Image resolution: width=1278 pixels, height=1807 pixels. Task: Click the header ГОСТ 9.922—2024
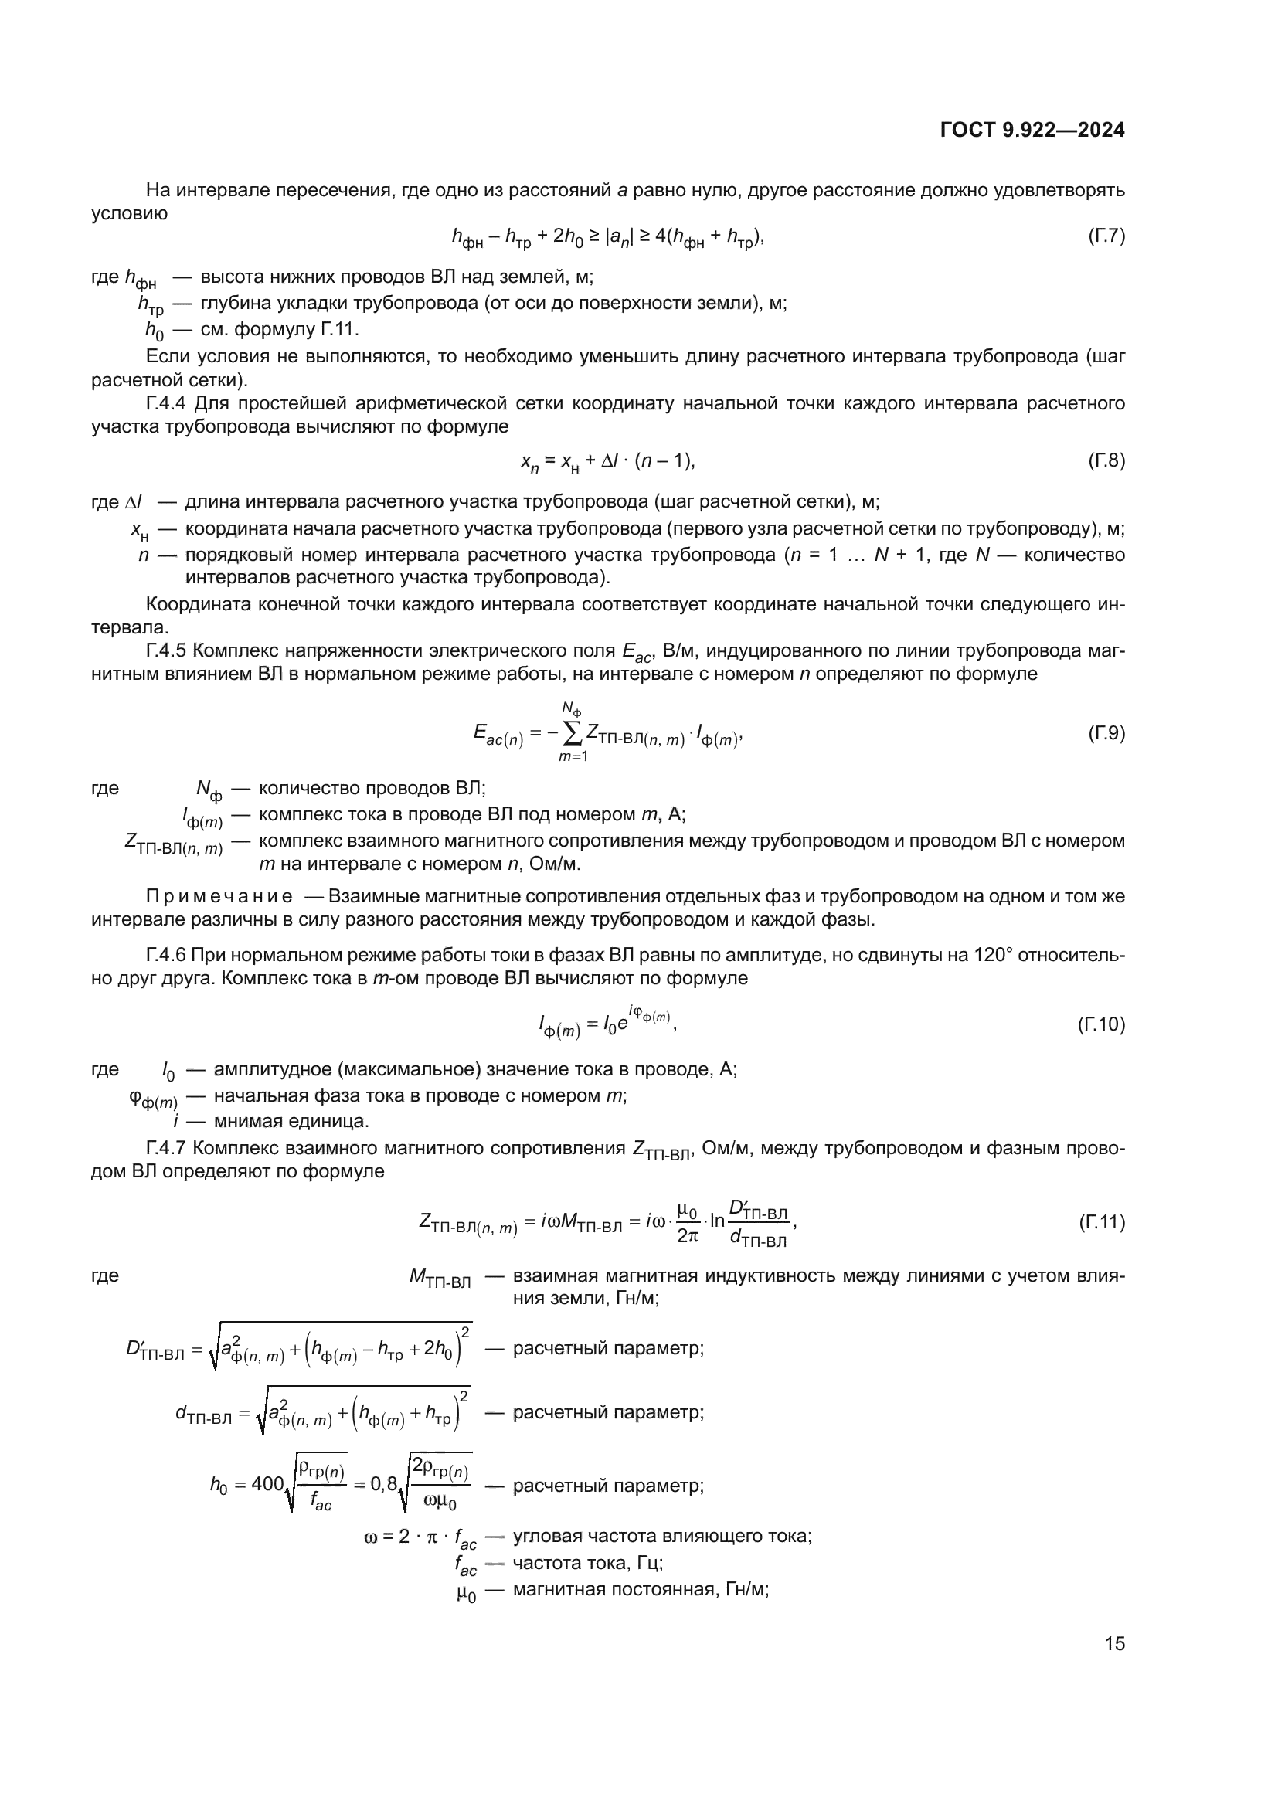click(x=1032, y=131)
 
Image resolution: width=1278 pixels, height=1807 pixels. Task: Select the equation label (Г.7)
click(x=1106, y=236)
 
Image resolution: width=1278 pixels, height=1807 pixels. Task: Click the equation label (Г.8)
click(x=1106, y=460)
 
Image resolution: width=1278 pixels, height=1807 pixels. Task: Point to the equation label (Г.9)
click(x=1106, y=732)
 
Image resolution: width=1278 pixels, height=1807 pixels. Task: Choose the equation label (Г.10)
click(x=1102, y=1024)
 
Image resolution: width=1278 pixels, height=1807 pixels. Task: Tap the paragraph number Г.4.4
click(x=167, y=404)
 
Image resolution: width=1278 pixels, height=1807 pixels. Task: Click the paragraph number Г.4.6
click(x=167, y=956)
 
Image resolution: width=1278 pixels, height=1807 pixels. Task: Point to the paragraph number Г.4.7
click(x=167, y=1148)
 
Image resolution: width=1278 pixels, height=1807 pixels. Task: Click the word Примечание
click(x=219, y=896)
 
